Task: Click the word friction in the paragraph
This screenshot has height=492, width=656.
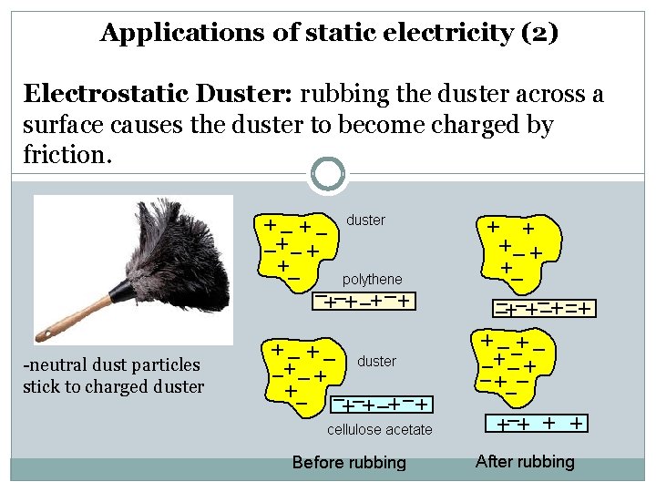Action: pos(65,154)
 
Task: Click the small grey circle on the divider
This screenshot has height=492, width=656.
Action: pos(327,173)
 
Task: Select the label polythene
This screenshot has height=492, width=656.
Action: pos(372,279)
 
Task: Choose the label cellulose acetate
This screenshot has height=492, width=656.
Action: pos(379,429)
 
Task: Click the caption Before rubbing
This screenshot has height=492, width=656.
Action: pos(349,463)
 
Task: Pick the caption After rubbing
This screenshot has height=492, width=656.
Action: pos(525,461)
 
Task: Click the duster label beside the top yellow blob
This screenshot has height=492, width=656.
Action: pos(366,220)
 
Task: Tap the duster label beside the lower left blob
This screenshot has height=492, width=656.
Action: pos(376,362)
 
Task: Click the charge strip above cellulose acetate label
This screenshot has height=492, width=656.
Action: pos(382,404)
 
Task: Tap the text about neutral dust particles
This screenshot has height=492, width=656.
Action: pos(113,375)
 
